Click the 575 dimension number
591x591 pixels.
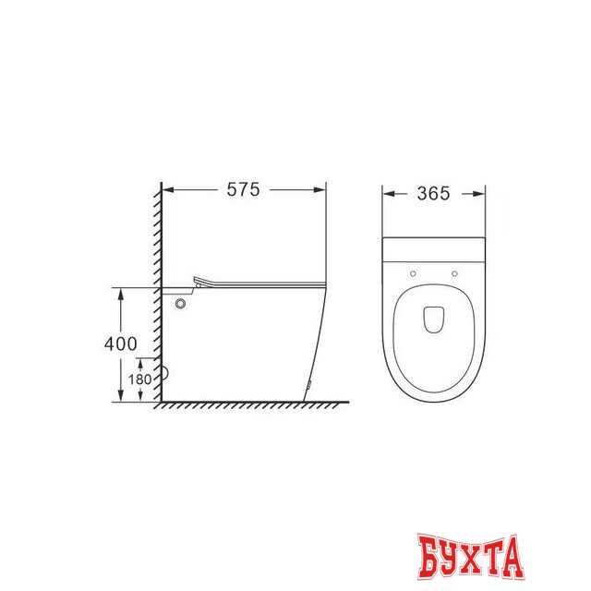[244, 190]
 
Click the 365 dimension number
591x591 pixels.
[434, 194]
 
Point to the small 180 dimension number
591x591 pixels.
[140, 380]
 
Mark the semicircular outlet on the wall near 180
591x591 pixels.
[166, 374]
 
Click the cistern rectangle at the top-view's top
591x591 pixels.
[434, 249]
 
